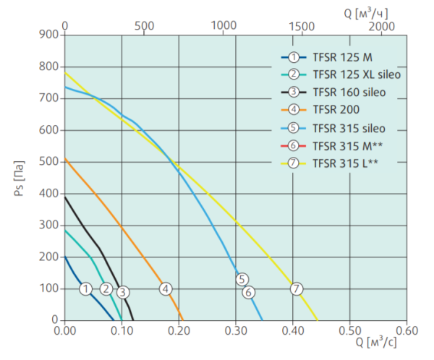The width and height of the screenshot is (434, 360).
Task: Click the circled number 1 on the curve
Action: [86, 289]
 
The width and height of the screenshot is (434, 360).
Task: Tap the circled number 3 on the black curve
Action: [123, 292]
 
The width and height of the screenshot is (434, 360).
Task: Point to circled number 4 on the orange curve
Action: [166, 289]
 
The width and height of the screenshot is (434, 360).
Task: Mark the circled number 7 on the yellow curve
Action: [297, 289]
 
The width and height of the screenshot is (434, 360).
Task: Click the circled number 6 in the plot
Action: [249, 292]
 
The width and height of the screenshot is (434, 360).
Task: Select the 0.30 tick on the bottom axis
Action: [236, 330]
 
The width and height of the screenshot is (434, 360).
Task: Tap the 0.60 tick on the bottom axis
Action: [407, 330]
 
